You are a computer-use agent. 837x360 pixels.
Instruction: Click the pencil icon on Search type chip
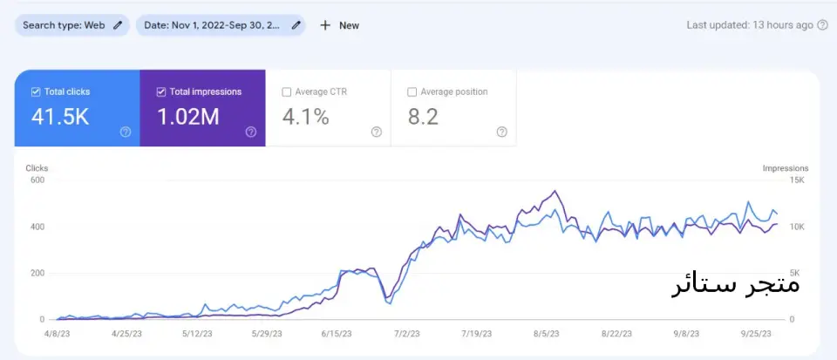coord(118,25)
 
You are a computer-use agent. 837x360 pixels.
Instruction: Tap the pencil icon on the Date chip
coord(296,25)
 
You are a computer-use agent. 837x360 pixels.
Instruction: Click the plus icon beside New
coord(325,25)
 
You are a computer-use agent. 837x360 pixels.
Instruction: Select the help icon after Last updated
coord(822,25)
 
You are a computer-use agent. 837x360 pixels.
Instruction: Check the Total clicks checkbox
coord(36,92)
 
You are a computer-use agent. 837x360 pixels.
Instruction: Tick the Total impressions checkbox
coord(161,92)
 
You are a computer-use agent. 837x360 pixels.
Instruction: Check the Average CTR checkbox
coord(287,92)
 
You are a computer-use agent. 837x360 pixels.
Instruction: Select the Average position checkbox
coord(412,92)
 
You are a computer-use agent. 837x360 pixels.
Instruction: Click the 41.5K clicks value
coord(60,117)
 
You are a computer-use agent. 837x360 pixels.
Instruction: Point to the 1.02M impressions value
coord(188,117)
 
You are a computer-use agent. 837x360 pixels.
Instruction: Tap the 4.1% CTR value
coord(305,117)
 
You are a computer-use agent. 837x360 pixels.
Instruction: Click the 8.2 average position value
coord(423,117)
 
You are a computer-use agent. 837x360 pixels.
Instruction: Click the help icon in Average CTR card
coord(377,132)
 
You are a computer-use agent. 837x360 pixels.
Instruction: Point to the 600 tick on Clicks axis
coord(37,180)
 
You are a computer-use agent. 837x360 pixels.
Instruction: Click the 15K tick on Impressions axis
coord(797,180)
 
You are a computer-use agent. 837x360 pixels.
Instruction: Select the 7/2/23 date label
coord(407,334)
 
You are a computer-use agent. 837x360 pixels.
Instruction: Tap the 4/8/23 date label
coord(58,334)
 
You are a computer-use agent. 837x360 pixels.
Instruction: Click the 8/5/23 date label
coord(546,334)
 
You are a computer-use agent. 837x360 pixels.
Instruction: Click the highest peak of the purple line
coord(555,191)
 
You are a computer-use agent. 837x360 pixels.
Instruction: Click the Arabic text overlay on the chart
coord(736,284)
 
